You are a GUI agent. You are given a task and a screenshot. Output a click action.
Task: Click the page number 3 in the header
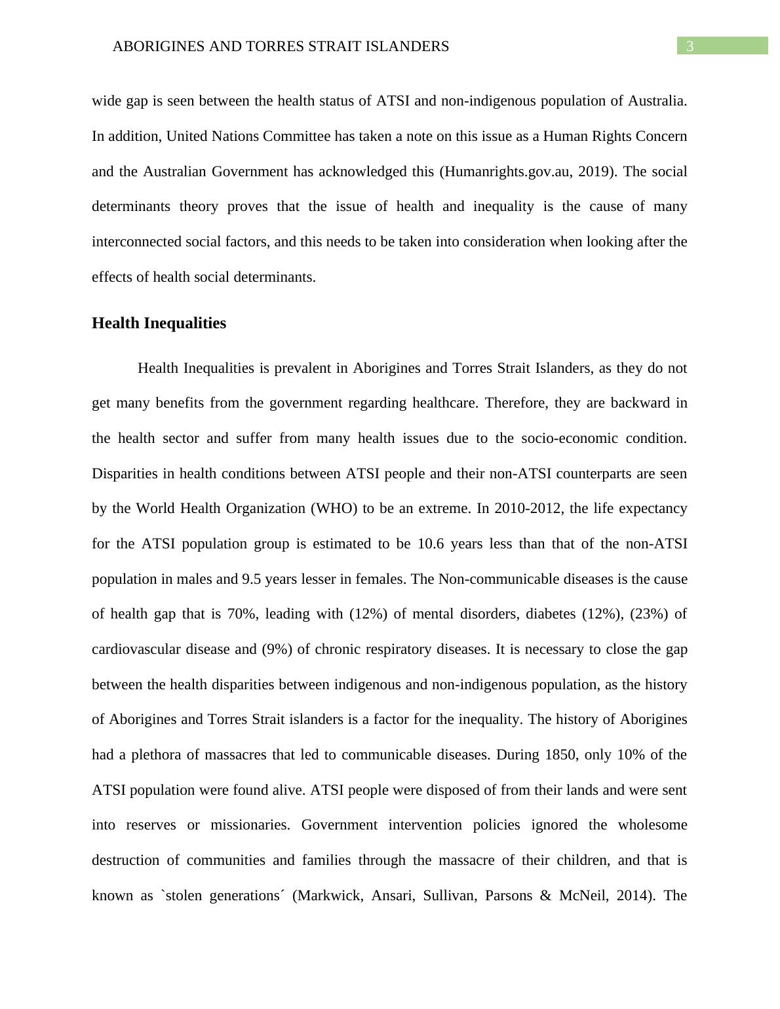(x=689, y=46)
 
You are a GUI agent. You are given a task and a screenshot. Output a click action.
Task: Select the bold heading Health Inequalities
(x=159, y=323)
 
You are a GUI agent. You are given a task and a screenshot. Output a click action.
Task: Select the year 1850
(x=560, y=755)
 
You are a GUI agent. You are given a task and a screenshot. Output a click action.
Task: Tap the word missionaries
(x=250, y=825)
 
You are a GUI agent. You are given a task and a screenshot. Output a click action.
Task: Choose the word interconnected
(x=136, y=242)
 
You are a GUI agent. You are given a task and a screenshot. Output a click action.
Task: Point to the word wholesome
(x=652, y=825)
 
